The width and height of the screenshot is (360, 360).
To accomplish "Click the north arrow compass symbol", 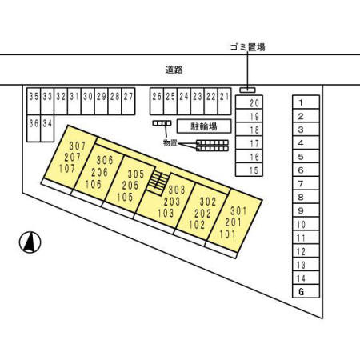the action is pos(30,242).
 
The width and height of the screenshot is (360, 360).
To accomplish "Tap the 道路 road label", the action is pos(174,70).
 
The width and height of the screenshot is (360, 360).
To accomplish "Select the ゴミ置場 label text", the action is pos(248,47).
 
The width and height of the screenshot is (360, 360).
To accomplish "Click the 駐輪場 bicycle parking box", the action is pos(204,126).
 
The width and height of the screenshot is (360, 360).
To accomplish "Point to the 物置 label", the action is pos(170,143).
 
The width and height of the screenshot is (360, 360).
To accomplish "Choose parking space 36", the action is pos(34,128).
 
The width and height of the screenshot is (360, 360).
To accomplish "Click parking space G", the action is pos(306,291).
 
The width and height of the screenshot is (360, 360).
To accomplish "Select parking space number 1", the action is pos(306,102).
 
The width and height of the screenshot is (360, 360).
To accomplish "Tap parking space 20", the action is pos(249,102).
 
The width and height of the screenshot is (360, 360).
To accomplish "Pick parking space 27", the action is pos(128,102).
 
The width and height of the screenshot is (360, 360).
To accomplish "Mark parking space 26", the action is pos(157,102).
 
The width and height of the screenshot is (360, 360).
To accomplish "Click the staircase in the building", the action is pos(158,182).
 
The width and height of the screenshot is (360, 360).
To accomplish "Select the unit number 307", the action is pos(78,146).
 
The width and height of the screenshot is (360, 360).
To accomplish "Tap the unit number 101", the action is pos(227,234).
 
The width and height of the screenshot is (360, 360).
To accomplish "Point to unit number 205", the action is pos(130,186).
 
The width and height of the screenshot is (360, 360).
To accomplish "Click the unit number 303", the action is pos(177,190).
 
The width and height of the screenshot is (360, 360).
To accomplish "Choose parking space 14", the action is pos(306,278).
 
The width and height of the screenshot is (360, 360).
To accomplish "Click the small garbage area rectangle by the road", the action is pos(247,90).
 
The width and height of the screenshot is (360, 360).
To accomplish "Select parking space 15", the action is pos(249,170).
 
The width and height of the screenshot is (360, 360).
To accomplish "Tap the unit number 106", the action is pos(94,184).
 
